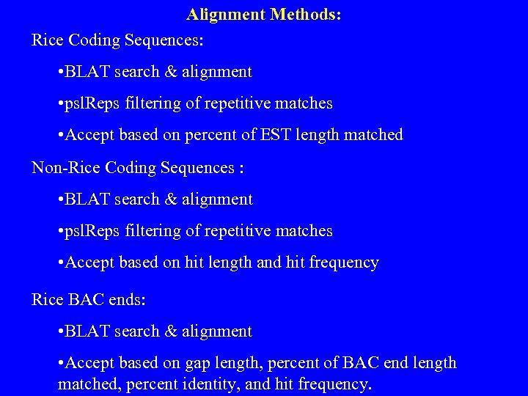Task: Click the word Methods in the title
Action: (305, 14)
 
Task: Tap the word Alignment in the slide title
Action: (226, 14)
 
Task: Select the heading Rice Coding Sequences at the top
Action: (117, 40)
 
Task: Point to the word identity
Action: (219, 384)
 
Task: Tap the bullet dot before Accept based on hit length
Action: (60, 263)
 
